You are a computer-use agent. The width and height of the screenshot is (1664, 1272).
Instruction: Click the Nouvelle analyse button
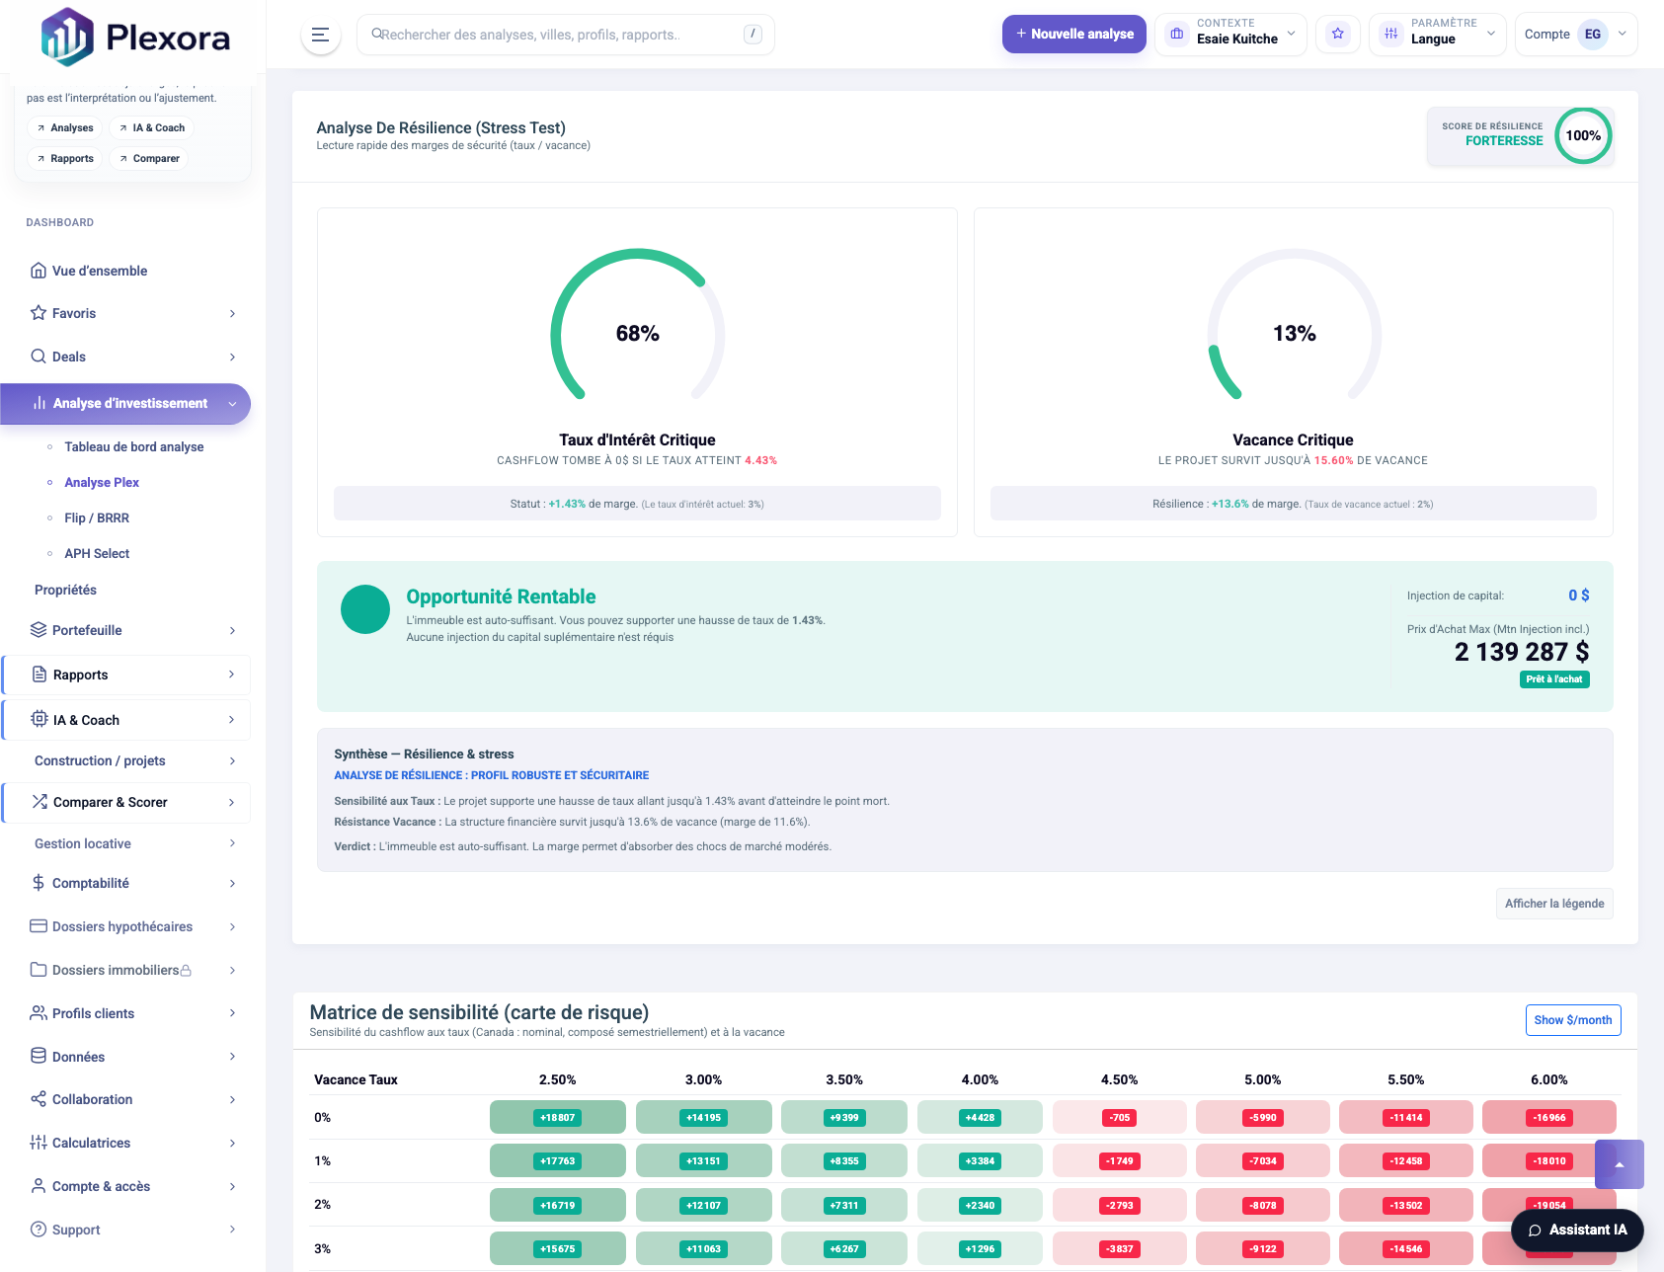pos(1073,34)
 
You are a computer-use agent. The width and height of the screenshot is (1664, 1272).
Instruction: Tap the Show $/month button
pos(1572,1020)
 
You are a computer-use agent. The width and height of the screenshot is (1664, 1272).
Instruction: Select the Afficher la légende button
pos(1553,904)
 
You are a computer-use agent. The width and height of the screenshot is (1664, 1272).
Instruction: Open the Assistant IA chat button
pos(1577,1230)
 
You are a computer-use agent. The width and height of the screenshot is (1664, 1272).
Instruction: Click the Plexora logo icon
pos(66,37)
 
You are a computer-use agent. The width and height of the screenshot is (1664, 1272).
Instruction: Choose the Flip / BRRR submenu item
pos(97,517)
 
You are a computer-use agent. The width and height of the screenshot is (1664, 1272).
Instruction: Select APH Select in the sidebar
pos(97,553)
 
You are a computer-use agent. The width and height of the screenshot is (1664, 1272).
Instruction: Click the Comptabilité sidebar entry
pos(91,883)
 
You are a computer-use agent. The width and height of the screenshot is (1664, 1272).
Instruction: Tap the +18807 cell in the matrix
pos(557,1118)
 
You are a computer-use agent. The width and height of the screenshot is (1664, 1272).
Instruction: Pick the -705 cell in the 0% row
pos(1119,1118)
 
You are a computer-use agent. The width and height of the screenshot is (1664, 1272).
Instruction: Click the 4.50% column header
pos(1119,1079)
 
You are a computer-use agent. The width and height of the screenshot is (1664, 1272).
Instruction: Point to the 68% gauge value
pos(637,334)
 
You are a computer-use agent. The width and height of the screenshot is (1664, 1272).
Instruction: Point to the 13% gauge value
pos(1294,334)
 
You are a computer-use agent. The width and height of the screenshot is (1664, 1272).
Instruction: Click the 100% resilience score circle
pos(1583,136)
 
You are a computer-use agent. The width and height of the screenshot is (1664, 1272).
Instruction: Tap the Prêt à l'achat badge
pos(1553,679)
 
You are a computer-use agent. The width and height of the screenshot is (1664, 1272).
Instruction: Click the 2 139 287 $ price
pos(1521,652)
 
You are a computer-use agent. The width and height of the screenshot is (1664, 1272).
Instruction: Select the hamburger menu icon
pos(320,35)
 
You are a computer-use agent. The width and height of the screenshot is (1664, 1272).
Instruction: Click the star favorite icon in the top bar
pos(1337,34)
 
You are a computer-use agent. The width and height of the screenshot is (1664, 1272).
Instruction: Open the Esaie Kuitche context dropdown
pos(1230,34)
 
